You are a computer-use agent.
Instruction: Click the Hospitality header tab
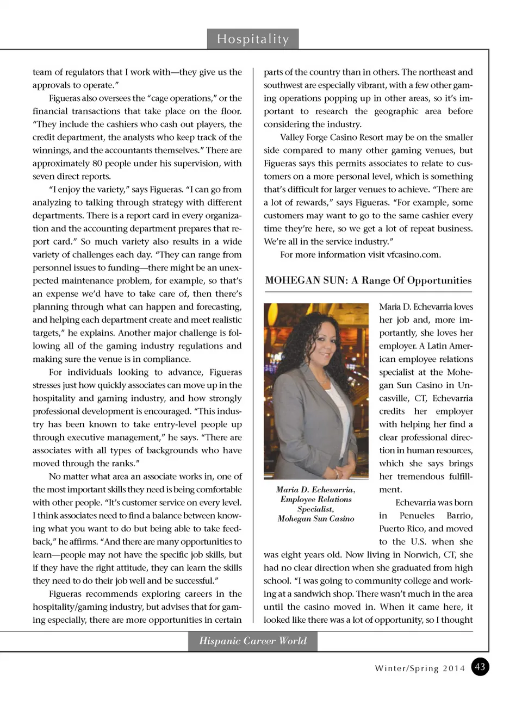253,39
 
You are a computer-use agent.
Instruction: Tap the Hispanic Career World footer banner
253,641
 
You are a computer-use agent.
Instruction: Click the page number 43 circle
480,667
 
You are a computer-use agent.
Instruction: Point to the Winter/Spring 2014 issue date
420,668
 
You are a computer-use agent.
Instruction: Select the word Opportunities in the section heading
439,280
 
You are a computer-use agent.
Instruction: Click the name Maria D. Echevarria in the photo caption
316,490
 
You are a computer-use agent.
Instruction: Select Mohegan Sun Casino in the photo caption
316,519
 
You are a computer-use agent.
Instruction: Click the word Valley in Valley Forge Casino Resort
293,137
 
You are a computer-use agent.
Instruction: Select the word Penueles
417,515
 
